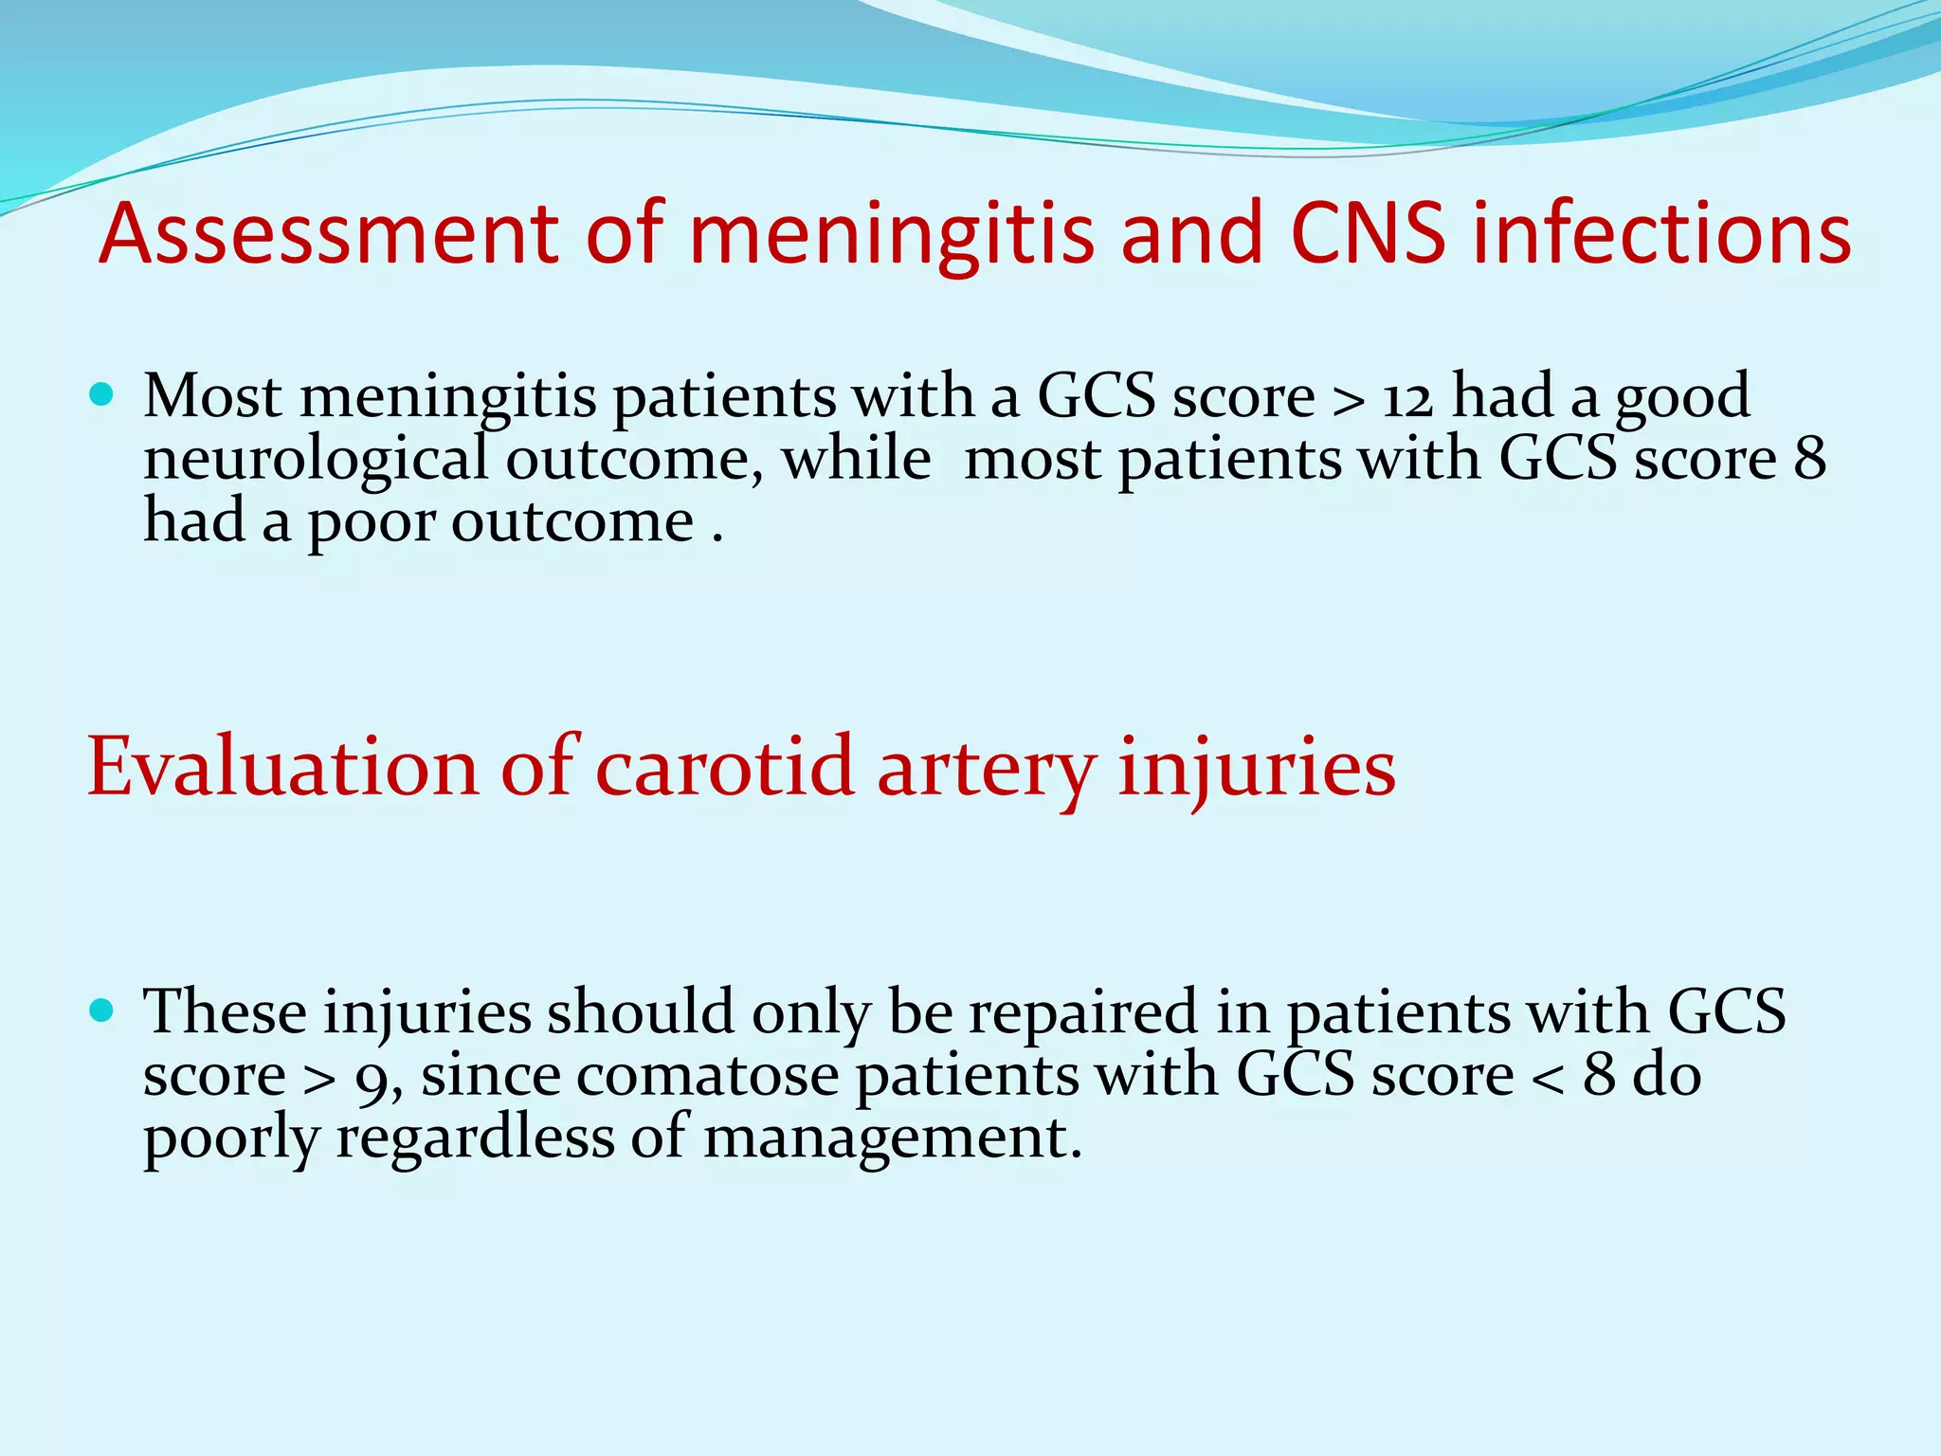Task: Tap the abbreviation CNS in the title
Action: [x=1367, y=234]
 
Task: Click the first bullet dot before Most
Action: [x=100, y=393]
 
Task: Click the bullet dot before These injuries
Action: [x=100, y=1010]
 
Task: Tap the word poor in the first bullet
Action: [x=371, y=523]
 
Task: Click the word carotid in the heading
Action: [x=724, y=768]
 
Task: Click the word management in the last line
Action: [x=891, y=1139]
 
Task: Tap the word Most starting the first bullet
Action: [x=212, y=396]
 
